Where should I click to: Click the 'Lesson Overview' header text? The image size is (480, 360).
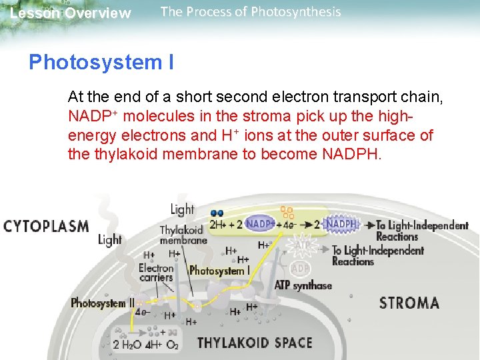click(x=71, y=13)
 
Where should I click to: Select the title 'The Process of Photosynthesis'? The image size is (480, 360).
click(x=251, y=12)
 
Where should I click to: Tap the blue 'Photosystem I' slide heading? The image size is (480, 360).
click(x=101, y=62)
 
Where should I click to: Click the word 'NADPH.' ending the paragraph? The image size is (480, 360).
click(x=353, y=155)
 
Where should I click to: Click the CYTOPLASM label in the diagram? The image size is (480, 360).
click(x=46, y=226)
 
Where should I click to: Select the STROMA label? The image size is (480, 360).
click(x=409, y=303)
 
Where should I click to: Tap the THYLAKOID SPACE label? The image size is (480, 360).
click(x=255, y=343)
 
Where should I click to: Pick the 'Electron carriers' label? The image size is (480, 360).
click(x=156, y=272)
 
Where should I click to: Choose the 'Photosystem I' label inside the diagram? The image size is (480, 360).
click(x=219, y=271)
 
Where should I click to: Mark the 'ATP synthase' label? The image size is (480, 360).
click(x=303, y=285)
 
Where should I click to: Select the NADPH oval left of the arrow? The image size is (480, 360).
click(x=341, y=225)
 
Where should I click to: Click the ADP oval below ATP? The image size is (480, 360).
click(x=300, y=268)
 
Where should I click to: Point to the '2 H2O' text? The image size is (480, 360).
click(x=125, y=345)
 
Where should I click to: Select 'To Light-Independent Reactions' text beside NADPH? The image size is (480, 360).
click(x=421, y=231)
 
